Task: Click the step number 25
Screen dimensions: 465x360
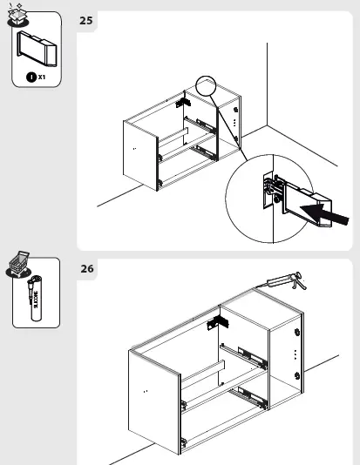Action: click(87, 19)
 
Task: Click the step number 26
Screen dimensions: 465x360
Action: click(87, 269)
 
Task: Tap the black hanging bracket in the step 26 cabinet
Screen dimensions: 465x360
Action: click(215, 323)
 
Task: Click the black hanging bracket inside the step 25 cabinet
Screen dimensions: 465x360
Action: click(184, 102)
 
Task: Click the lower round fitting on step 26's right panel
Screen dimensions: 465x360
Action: click(298, 375)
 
